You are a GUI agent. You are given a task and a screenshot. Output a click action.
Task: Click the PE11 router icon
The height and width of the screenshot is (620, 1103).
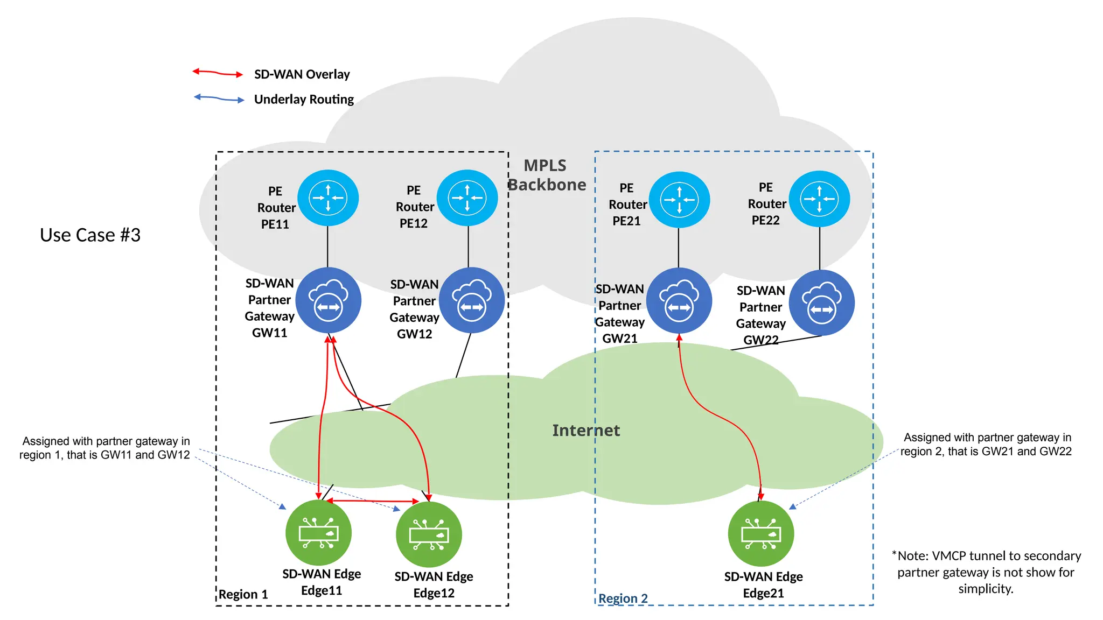tap(328, 198)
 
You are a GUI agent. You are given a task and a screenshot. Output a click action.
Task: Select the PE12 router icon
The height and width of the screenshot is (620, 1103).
tap(467, 198)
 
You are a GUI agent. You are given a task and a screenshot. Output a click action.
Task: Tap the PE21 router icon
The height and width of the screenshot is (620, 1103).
tap(679, 200)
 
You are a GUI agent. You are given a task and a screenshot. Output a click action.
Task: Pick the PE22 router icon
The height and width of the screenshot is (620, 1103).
tap(819, 199)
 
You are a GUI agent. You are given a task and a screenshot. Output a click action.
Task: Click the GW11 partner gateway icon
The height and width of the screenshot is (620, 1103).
tap(329, 300)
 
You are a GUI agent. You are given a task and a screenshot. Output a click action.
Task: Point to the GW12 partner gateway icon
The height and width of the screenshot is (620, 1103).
tap(472, 300)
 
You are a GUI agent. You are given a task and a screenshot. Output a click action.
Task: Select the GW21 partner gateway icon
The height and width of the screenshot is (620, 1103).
tap(679, 301)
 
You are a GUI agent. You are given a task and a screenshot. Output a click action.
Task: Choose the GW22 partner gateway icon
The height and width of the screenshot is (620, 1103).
tap(821, 303)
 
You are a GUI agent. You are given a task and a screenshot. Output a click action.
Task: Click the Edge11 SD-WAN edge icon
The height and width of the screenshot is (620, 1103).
tap(318, 532)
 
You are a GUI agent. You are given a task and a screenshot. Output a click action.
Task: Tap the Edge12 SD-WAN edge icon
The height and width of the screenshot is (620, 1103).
tap(429, 534)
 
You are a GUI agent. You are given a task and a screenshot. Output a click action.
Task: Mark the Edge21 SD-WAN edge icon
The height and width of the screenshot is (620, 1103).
tap(760, 533)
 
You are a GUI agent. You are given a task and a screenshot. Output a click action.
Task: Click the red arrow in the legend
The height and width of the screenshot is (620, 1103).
tap(218, 73)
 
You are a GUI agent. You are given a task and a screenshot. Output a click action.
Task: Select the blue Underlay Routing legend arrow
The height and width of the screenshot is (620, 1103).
tap(219, 98)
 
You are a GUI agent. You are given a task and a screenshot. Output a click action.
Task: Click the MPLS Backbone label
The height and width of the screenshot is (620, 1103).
tap(546, 175)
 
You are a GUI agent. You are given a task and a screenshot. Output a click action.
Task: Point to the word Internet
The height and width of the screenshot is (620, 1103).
tap(586, 431)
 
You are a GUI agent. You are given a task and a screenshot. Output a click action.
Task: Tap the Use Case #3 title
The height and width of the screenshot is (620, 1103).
tap(90, 235)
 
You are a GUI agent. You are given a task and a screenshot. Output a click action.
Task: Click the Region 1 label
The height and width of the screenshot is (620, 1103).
tap(243, 594)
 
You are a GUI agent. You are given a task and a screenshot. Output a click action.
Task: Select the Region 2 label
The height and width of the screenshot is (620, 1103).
tap(623, 598)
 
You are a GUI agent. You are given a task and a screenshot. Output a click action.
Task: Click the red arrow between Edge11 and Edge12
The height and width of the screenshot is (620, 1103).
tap(373, 501)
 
